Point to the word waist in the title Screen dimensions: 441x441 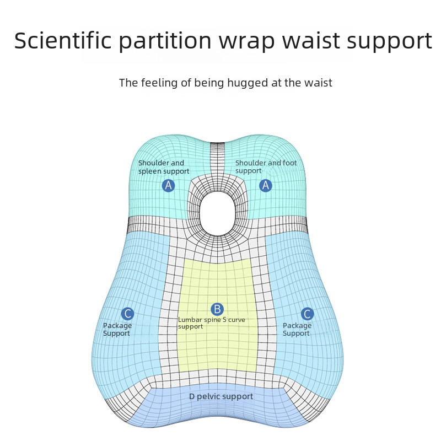316,41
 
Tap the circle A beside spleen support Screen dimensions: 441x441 169,186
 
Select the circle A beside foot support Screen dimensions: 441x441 266,186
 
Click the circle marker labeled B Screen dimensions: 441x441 217,309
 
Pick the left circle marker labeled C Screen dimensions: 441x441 128,314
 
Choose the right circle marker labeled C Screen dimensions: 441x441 308,314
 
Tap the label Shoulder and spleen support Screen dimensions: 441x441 163,167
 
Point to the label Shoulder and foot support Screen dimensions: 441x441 266,167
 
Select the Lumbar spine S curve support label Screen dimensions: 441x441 211,323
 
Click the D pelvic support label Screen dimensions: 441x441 221,396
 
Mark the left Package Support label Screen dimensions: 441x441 117,329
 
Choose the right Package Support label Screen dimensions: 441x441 297,329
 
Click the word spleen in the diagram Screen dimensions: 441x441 149,171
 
